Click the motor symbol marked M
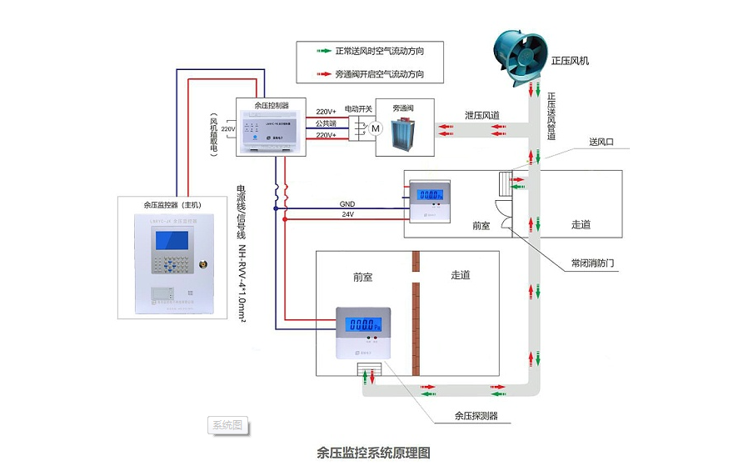pos(375,128)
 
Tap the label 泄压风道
pos(482,115)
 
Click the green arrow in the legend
pos(319,51)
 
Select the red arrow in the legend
pos(319,74)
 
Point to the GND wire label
pos(347,204)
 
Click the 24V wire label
pos(347,215)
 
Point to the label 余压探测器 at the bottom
pos(476,415)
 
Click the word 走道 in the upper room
pos(581,225)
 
